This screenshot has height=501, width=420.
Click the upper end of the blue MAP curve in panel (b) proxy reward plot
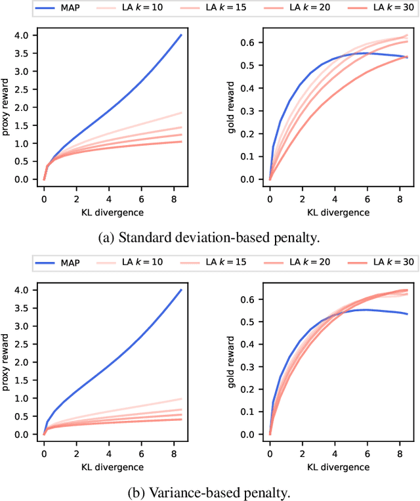click(181, 290)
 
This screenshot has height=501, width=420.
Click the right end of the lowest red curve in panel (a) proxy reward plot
click(181, 141)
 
